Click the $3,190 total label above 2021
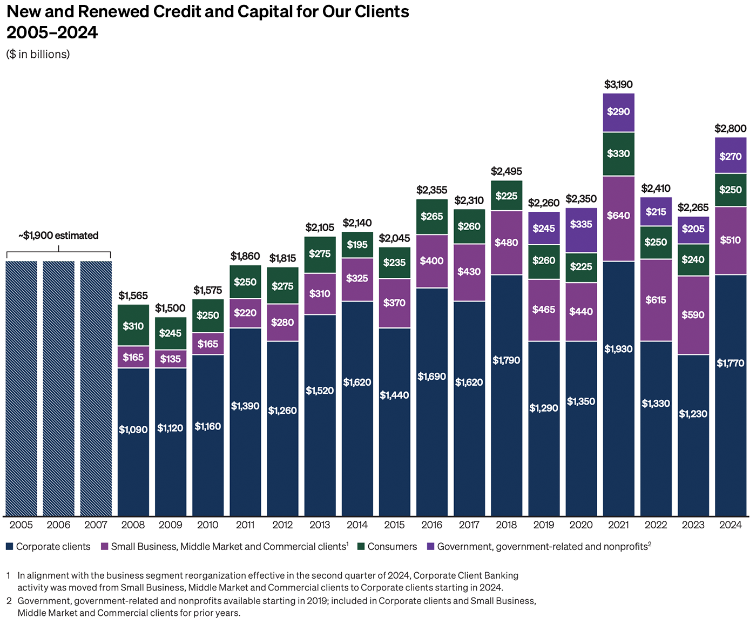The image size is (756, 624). point(618,84)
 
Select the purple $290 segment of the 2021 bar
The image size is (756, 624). point(618,112)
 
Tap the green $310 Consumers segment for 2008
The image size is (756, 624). point(133,325)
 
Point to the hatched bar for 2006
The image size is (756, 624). point(59,388)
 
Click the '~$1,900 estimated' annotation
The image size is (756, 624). point(58,236)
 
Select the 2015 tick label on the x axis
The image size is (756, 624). point(394,525)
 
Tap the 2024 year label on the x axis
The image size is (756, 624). point(730,525)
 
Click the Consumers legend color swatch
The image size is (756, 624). point(361,547)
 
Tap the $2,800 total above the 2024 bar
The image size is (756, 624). point(730,129)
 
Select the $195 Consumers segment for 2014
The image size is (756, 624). point(357,245)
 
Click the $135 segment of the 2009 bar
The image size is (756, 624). point(171,359)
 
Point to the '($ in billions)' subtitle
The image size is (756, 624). point(38,54)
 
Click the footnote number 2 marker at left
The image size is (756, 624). point(9,601)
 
